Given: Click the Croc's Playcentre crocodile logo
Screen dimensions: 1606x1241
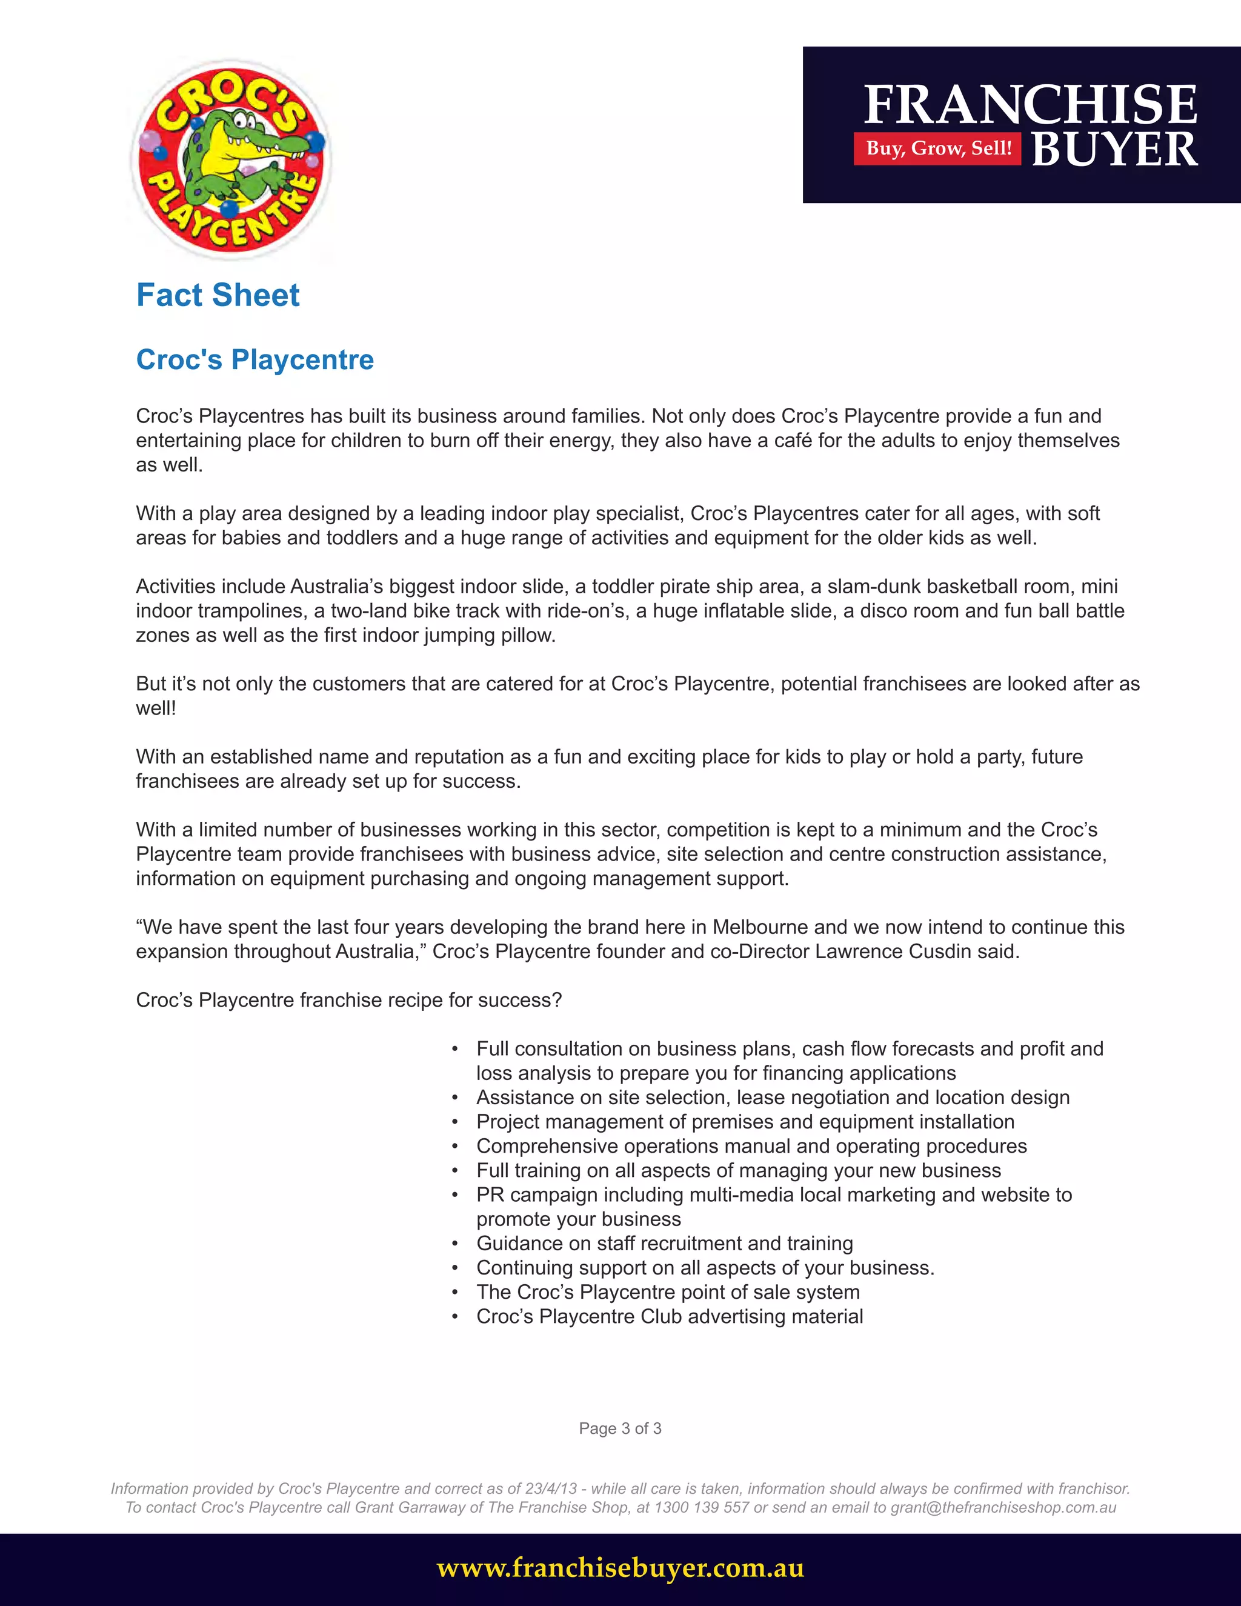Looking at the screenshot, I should (x=231, y=159).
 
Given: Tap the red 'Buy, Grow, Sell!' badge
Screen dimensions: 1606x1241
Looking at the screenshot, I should (x=937, y=148).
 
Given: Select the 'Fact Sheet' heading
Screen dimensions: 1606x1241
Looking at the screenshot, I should (x=218, y=296).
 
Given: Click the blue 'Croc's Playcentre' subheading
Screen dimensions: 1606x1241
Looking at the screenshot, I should (x=255, y=359).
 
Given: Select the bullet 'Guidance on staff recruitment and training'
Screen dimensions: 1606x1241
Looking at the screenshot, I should (x=664, y=1244).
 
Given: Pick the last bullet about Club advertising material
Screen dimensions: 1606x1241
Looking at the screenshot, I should (x=669, y=1316).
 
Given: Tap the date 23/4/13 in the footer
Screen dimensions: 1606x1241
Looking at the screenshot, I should (x=551, y=1489).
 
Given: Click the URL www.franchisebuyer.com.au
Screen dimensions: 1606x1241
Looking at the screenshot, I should (x=620, y=1568).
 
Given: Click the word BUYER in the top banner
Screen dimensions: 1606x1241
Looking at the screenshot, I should (x=1114, y=149).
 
